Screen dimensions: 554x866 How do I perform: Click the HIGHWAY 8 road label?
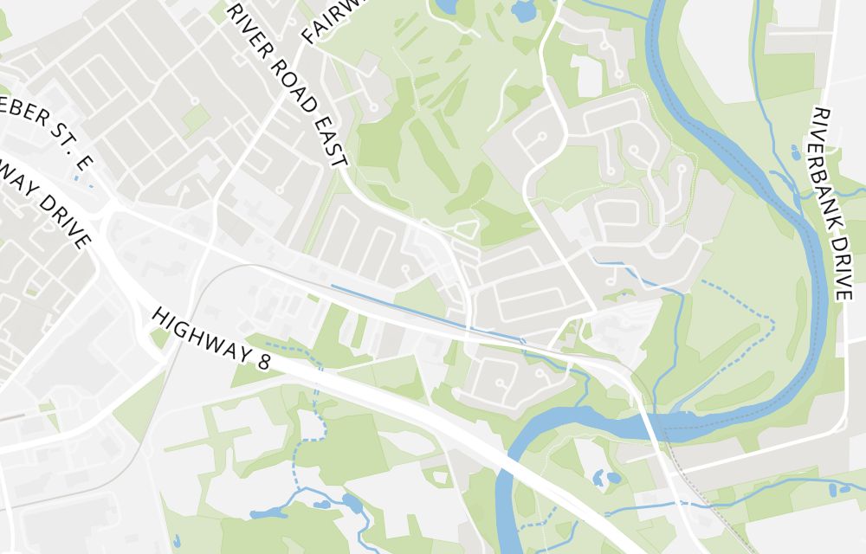tap(210, 338)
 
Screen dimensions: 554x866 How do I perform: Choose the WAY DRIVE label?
tap(48, 204)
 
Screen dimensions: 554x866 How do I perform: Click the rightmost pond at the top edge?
tap(523, 11)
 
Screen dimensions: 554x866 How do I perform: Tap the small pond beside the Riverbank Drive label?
tap(796, 153)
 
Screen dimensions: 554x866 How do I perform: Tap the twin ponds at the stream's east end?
tap(840, 489)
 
